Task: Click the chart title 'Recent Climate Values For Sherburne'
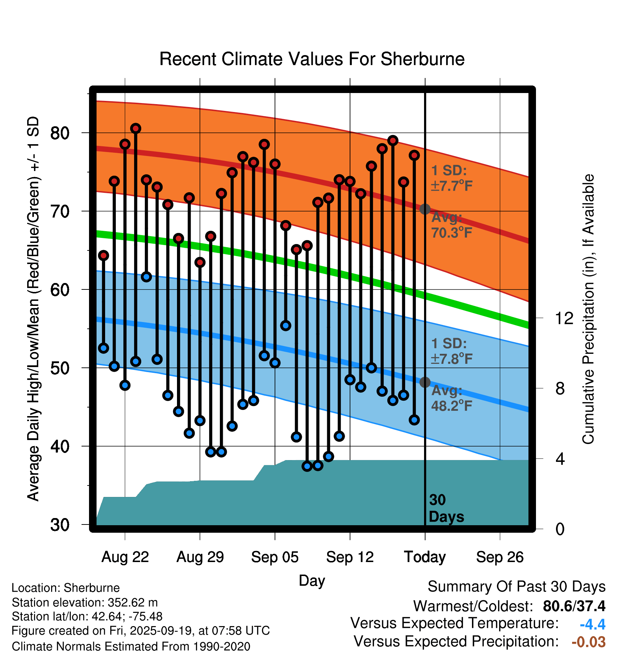312,59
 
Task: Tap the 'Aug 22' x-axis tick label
125,557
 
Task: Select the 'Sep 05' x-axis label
275,557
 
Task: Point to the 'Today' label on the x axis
425,557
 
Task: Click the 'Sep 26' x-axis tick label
499,557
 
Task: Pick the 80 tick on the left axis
60,133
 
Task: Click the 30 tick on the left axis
60,525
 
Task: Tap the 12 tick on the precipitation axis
564,318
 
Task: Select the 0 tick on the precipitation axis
560,529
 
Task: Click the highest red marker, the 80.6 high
136,128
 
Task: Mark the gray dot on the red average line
425,209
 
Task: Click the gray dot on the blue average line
425,382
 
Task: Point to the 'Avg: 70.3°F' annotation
451,225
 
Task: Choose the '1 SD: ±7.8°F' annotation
451,351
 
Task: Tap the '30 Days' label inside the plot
446,508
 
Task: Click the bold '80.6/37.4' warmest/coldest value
574,606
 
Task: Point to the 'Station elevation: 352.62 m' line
85,602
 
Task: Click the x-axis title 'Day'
312,580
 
